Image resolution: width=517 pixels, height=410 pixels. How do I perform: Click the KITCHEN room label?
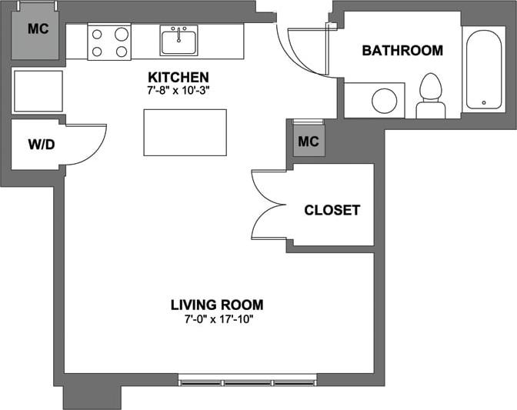(178, 78)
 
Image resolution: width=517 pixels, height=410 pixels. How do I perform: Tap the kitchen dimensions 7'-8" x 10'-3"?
(178, 90)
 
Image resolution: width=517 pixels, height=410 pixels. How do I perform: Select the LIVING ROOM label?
(217, 304)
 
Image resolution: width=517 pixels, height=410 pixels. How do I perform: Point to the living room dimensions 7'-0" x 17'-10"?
(217, 318)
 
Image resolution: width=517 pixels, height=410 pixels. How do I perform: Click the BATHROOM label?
(402, 51)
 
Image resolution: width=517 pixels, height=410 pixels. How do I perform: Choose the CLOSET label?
(332, 210)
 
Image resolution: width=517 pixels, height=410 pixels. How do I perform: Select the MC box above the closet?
(308, 142)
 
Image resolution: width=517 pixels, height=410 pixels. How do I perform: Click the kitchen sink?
(178, 40)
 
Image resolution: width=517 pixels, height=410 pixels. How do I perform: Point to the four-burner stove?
(109, 42)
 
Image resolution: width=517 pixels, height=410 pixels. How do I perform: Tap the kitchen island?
(185, 132)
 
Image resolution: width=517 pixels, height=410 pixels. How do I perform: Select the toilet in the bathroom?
(430, 95)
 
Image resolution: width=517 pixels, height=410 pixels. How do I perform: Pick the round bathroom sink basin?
(383, 100)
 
